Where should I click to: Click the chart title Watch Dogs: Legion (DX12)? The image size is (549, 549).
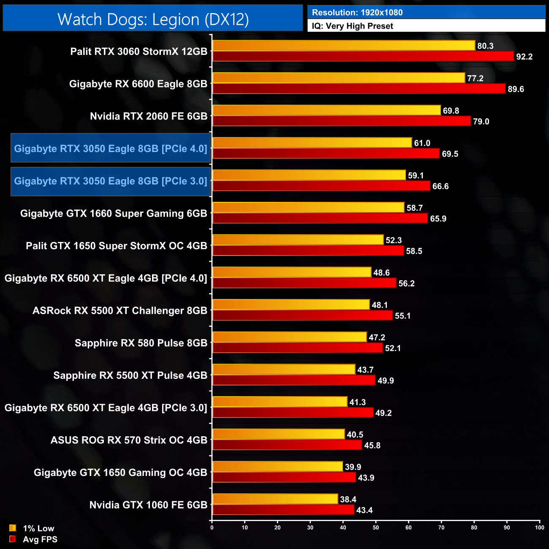point(153,19)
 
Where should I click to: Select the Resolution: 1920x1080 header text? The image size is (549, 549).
point(357,13)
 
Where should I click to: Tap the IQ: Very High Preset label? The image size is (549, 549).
point(352,26)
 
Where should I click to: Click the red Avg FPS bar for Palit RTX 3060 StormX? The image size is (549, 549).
point(363,56)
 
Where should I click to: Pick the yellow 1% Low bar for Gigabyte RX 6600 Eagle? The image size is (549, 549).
point(339,78)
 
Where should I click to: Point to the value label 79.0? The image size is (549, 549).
point(481,122)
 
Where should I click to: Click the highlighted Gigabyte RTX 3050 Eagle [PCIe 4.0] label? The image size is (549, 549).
point(111,149)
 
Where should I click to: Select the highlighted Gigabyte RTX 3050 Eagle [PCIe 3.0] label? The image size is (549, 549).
point(111,181)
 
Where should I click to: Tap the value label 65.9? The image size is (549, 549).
point(438,219)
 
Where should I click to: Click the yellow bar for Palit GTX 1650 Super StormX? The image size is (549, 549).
point(298,240)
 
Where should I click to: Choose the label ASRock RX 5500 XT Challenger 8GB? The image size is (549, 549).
point(120,311)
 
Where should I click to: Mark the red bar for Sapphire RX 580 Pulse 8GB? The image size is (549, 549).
point(298,348)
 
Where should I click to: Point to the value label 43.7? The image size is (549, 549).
point(365,370)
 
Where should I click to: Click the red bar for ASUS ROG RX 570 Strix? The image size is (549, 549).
point(287,445)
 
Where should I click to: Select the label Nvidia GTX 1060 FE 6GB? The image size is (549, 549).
point(148,505)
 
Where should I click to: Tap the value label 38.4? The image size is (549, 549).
point(348,500)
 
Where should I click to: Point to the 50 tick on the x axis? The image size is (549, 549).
point(376,527)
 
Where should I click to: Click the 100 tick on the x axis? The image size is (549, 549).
point(539,527)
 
